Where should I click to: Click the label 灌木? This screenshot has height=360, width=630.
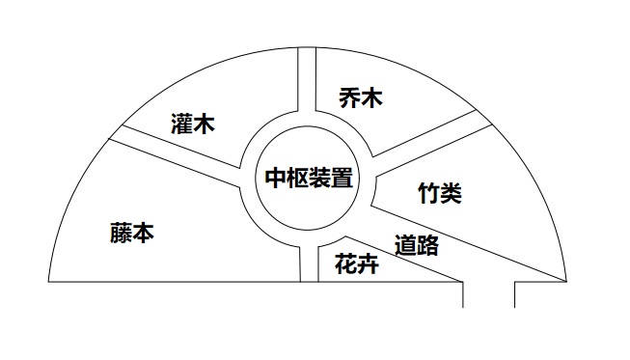tap(191, 125)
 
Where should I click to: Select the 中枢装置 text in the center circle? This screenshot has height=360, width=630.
tap(308, 179)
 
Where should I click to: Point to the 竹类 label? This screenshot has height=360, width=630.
tap(439, 193)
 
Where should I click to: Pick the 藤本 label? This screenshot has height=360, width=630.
tap(132, 234)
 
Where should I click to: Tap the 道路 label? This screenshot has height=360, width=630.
tap(417, 245)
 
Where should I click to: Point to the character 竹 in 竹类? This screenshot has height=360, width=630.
tap(428, 193)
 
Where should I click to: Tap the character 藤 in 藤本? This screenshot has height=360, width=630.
tap(121, 234)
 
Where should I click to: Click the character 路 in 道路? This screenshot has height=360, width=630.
tap(427, 245)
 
